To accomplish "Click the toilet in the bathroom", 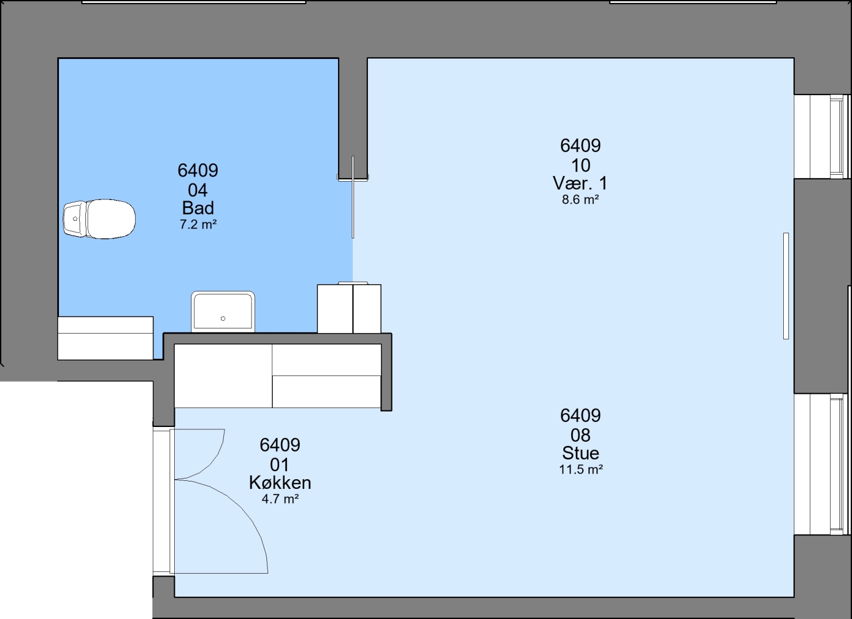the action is click(99, 219).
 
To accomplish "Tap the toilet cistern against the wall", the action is click(75, 219).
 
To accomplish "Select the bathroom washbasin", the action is click(223, 312).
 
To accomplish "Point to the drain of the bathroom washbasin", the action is click(223, 319).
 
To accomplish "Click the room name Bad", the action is click(198, 208).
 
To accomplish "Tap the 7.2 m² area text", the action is click(198, 225).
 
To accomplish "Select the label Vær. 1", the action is click(580, 183).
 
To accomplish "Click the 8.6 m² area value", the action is click(580, 199).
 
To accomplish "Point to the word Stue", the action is click(580, 453).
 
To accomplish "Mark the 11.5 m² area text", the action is click(581, 469).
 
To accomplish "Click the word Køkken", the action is click(280, 483).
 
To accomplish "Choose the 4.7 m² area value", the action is click(280, 499).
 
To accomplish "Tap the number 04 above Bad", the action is click(198, 190).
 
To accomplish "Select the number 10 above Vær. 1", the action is click(581, 166).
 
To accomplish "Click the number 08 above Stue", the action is click(580, 435).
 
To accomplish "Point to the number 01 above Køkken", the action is click(280, 465).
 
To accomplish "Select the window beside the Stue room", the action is click(822, 464).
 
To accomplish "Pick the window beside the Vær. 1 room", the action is click(822, 136).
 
